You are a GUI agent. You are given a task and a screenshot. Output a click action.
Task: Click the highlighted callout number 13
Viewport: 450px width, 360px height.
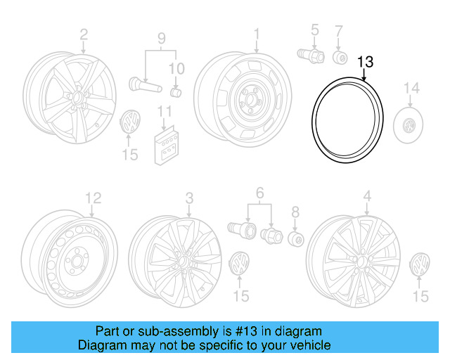click(x=365, y=62)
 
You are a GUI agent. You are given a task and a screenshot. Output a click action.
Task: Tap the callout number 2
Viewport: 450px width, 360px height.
click(x=84, y=34)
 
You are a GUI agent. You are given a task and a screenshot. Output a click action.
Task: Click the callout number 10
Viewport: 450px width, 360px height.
click(x=176, y=69)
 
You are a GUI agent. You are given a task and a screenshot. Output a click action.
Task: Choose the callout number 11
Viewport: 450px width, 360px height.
click(x=165, y=111)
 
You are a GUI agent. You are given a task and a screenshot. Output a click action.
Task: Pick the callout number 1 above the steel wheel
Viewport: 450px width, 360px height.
click(x=257, y=34)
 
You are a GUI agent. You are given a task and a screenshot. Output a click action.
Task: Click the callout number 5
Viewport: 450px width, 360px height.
click(x=314, y=30)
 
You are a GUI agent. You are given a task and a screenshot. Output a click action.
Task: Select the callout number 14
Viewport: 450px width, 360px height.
click(x=411, y=89)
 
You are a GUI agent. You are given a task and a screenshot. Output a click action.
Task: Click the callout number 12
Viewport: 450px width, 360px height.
click(x=93, y=198)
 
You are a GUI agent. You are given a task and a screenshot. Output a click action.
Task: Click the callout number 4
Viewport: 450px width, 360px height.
click(x=366, y=196)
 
